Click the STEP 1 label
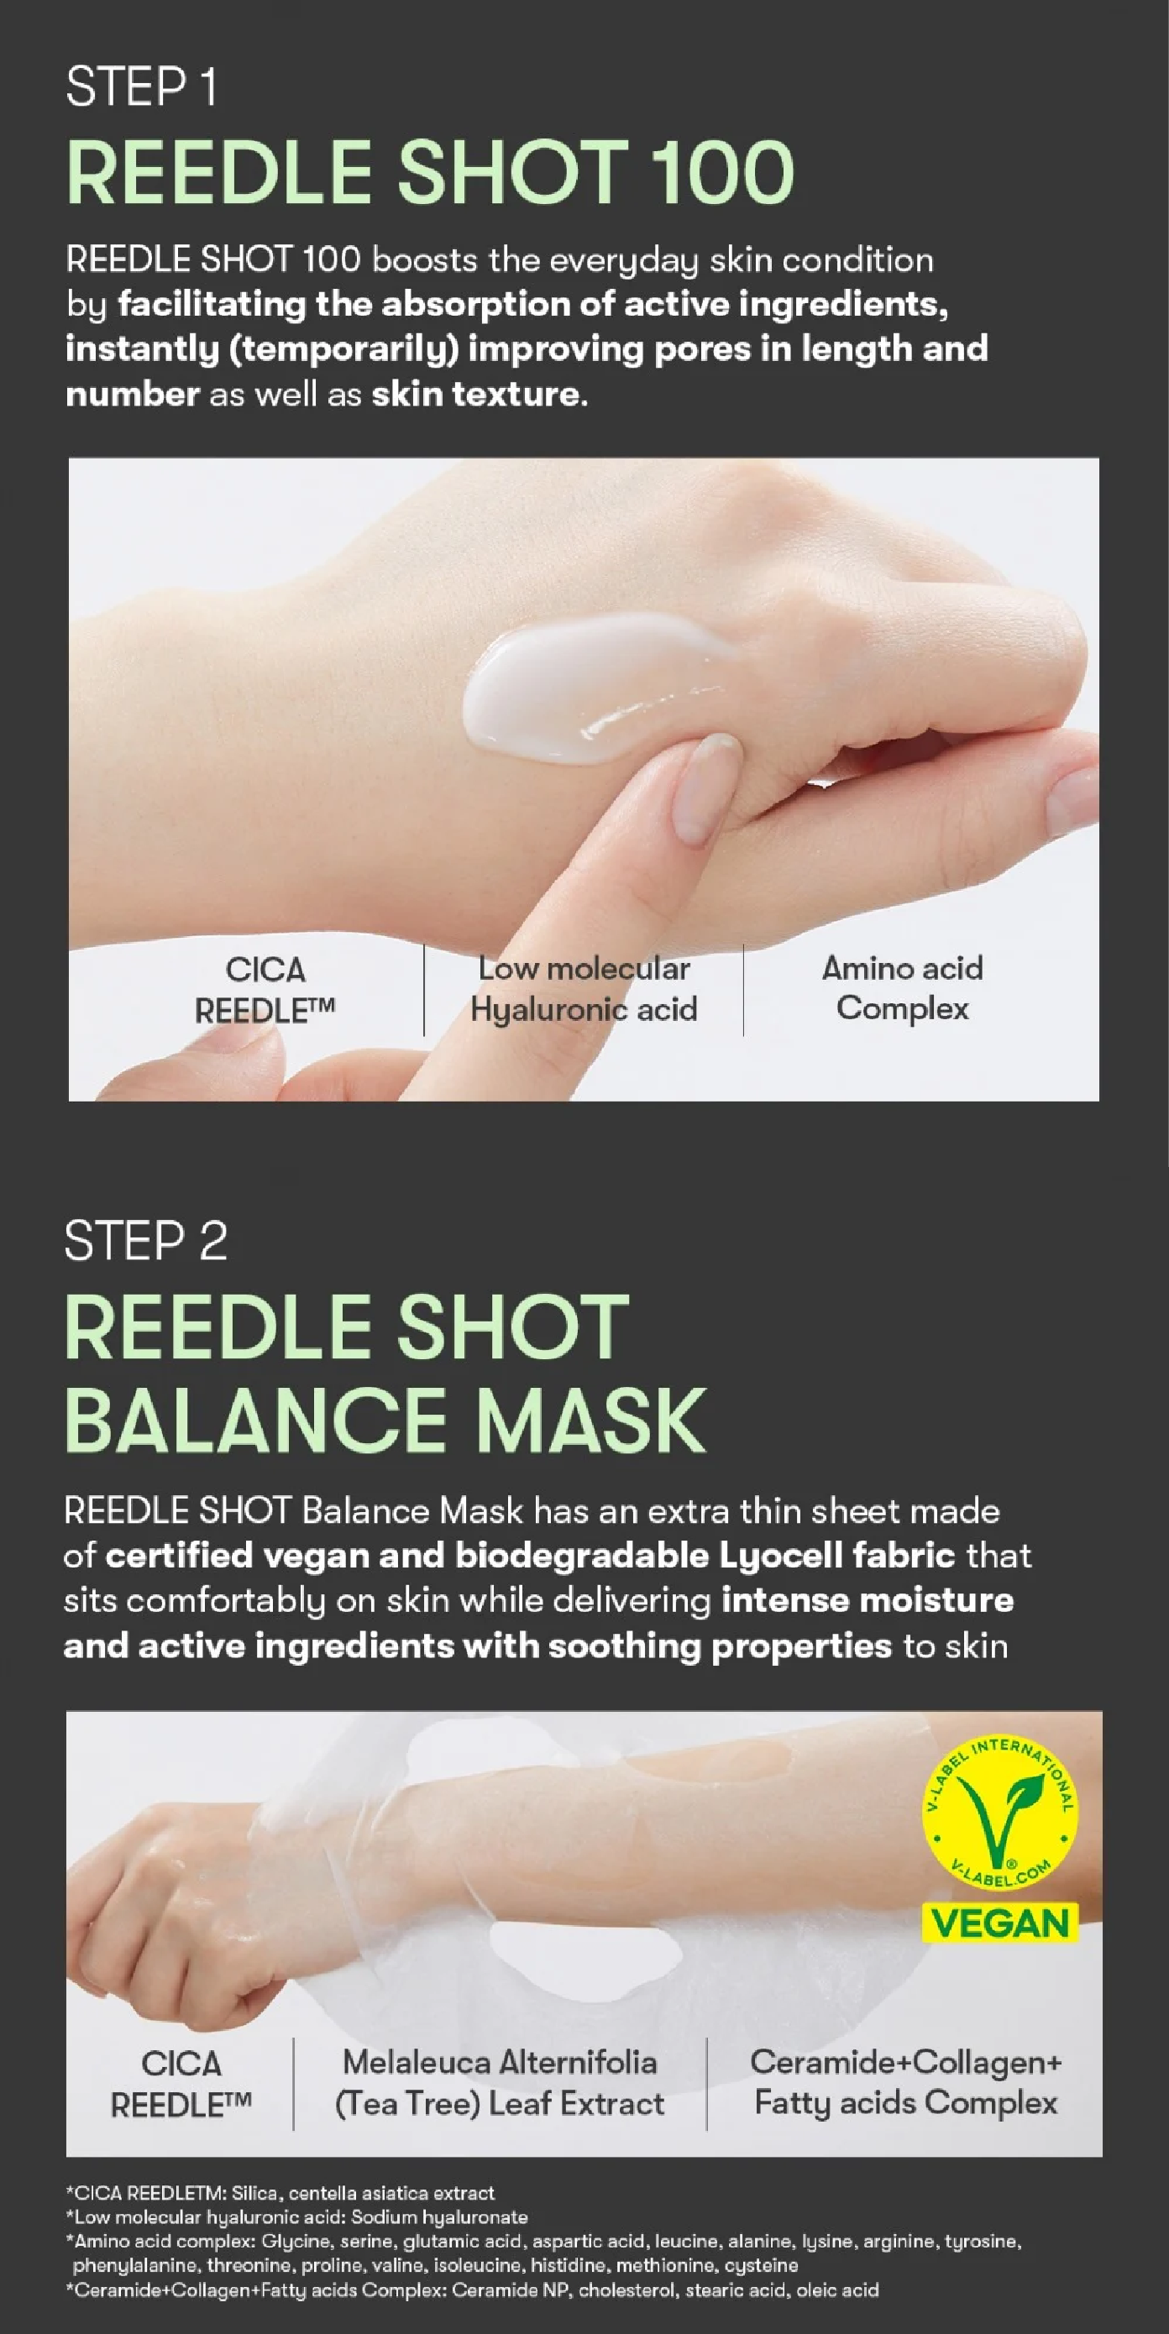tap(141, 88)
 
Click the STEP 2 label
tap(146, 1240)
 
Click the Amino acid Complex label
tap(903, 987)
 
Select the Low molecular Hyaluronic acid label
tap(584, 988)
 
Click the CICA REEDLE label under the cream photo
tap(265, 989)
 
